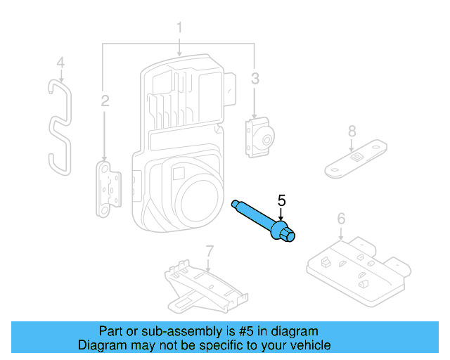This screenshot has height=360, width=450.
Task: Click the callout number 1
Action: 179,28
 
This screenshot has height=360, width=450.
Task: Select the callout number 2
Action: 105,101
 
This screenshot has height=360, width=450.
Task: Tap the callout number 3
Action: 255,77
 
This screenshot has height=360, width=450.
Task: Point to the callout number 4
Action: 60,63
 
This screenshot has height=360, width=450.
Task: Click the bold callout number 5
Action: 281,201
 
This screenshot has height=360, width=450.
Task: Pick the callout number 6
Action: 341,219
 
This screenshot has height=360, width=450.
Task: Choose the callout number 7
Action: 209,250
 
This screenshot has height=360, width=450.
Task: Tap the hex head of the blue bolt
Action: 287,233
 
